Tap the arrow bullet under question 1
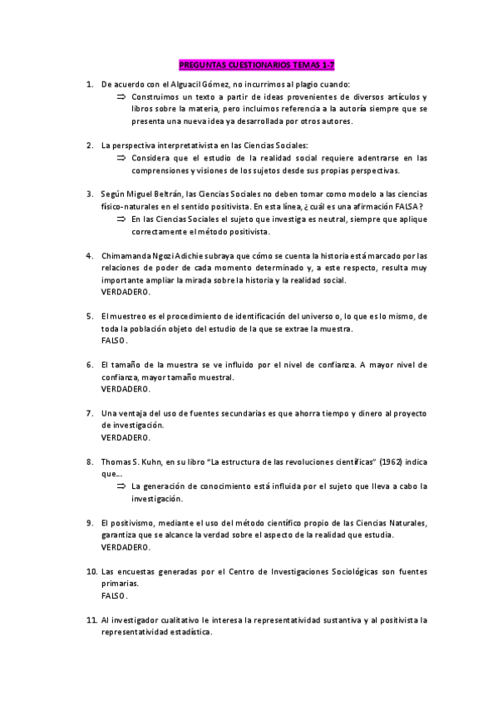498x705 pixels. [121, 97]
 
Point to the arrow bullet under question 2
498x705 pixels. [121, 157]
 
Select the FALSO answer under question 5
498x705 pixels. [115, 341]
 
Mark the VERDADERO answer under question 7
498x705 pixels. [126, 437]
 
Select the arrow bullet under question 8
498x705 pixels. [121, 486]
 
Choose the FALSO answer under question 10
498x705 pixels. [115, 596]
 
